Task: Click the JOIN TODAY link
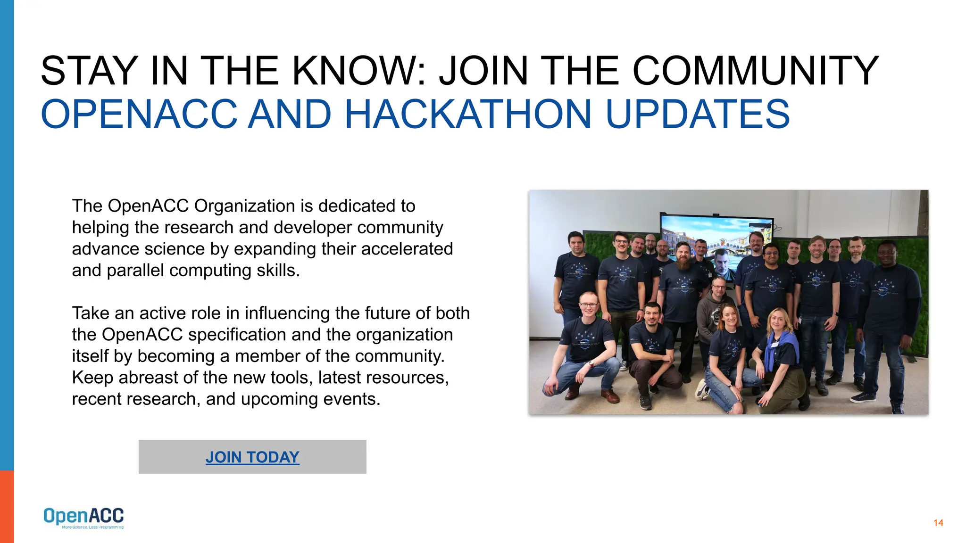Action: click(252, 457)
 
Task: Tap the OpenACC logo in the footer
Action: click(83, 517)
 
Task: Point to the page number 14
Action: click(938, 523)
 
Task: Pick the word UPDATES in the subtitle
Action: click(697, 114)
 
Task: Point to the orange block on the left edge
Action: click(7, 506)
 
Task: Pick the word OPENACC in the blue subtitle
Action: click(139, 114)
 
